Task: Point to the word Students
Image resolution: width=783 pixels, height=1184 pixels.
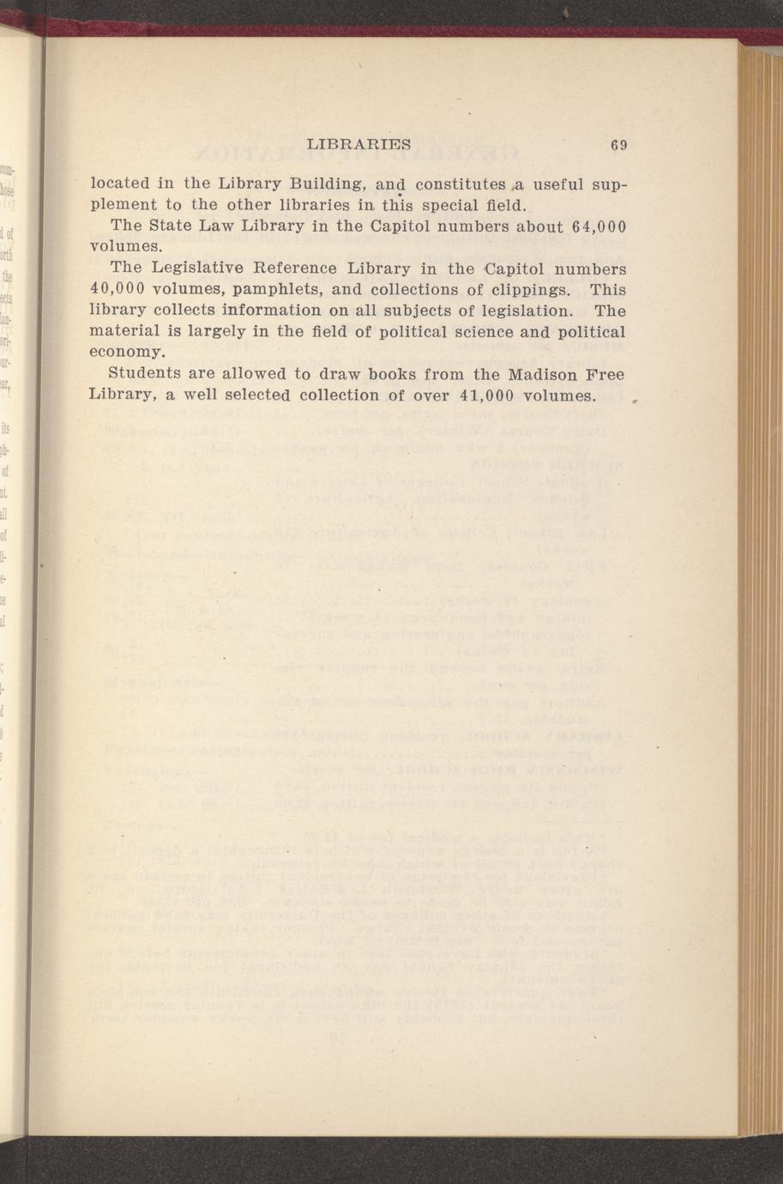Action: click(x=147, y=375)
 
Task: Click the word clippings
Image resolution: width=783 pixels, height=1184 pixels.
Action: click(x=527, y=289)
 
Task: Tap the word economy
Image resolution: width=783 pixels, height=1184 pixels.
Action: click(x=126, y=353)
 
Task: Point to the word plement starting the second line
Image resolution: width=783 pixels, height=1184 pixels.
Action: click(x=123, y=206)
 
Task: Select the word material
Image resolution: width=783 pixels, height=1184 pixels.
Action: click(x=124, y=331)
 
